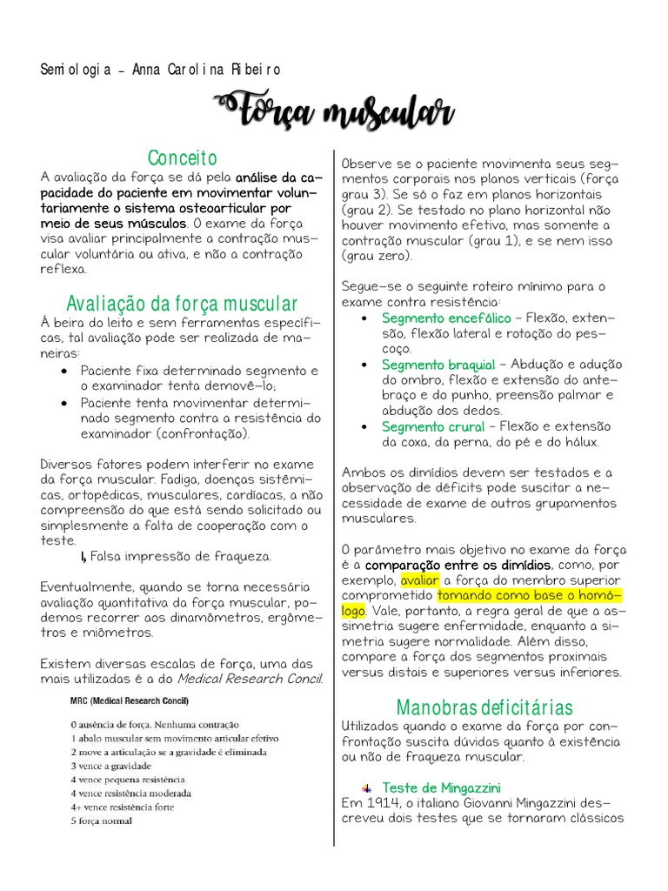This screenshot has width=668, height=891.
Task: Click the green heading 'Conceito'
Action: click(x=182, y=157)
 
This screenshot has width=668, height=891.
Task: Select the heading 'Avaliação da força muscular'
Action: click(x=182, y=304)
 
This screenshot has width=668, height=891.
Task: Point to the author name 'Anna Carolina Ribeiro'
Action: click(x=206, y=70)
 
